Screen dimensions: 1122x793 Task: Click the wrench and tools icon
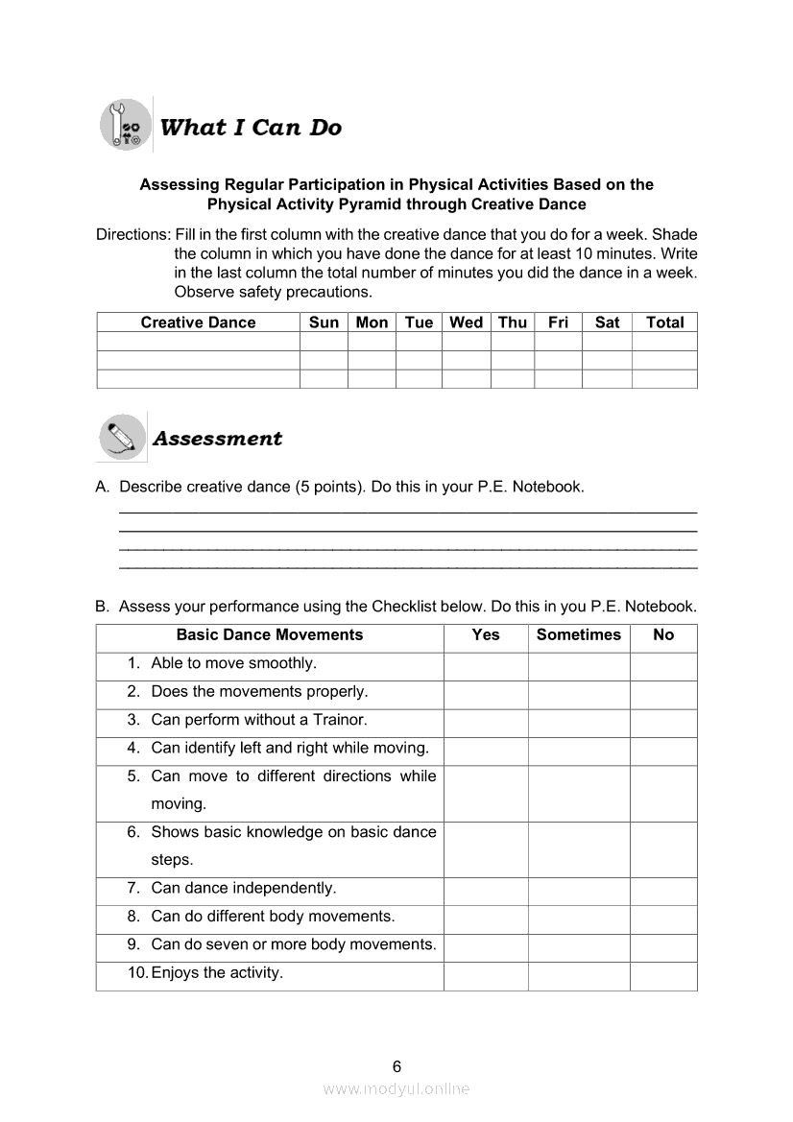click(126, 125)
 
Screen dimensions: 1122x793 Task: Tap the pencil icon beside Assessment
click(122, 438)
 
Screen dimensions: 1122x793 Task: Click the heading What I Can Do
click(251, 128)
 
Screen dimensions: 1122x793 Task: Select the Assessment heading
click(218, 439)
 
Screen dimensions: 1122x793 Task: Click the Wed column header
click(466, 322)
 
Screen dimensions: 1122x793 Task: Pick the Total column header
click(664, 322)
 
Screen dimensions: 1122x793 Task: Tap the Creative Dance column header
click(198, 322)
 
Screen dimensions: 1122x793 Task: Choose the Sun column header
click(324, 322)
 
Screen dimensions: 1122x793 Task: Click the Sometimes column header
click(579, 634)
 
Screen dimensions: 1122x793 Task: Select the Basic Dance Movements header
click(270, 634)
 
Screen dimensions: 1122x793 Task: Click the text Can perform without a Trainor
click(259, 720)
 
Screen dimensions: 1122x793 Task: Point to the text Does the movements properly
click(259, 692)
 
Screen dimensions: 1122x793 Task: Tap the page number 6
click(396, 1066)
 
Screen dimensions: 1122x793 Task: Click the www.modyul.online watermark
click(396, 1088)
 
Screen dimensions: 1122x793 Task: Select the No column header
click(663, 634)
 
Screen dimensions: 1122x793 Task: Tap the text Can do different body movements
click(273, 917)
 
